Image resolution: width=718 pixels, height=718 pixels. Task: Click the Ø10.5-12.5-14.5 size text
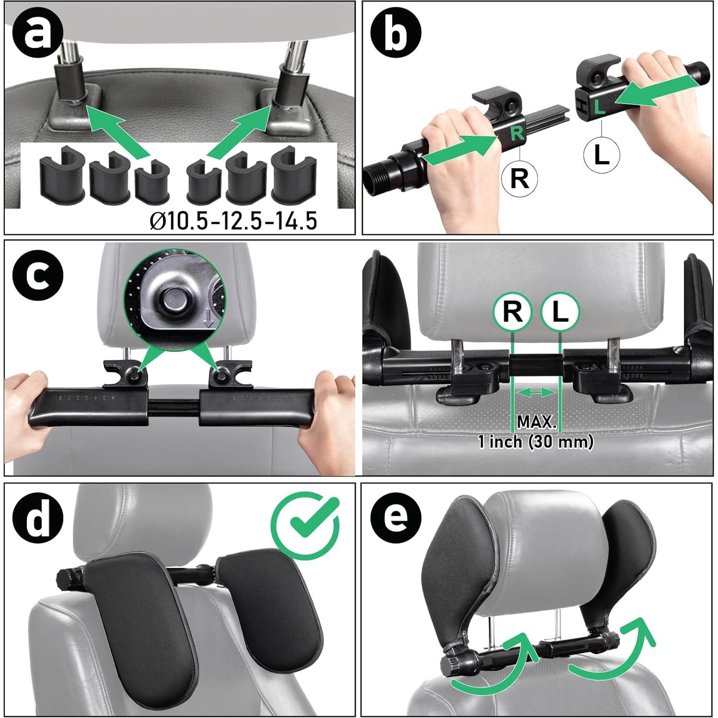tap(233, 221)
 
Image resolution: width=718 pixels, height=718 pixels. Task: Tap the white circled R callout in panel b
tap(519, 179)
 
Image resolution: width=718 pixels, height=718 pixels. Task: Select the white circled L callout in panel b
tap(602, 155)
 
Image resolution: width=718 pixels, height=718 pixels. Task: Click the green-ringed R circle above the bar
tap(512, 312)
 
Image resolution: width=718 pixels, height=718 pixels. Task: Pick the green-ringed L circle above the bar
tap(560, 312)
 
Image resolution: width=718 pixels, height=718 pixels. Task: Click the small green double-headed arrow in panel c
tap(536, 393)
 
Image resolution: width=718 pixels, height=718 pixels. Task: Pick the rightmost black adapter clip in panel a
tap(290, 175)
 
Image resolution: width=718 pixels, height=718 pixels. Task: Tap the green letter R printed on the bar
tap(517, 133)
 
